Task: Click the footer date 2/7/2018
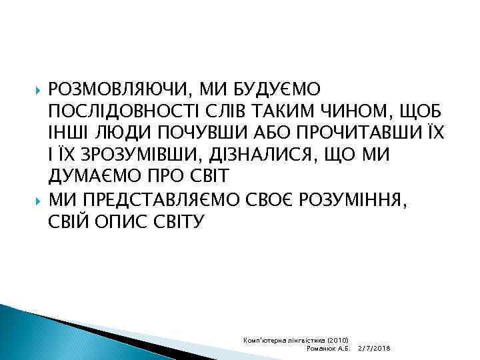click(x=374, y=349)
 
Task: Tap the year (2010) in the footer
click(x=343, y=340)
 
